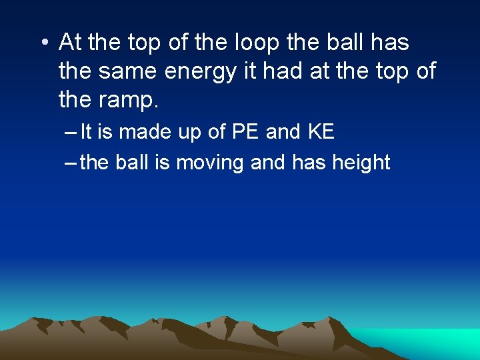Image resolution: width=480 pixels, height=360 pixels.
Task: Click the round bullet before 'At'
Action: coord(45,43)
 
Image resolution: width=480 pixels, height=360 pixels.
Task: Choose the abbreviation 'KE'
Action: coord(321,132)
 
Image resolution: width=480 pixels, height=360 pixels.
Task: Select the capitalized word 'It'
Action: coord(86,132)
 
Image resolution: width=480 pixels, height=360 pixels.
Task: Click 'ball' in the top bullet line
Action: coord(349,43)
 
